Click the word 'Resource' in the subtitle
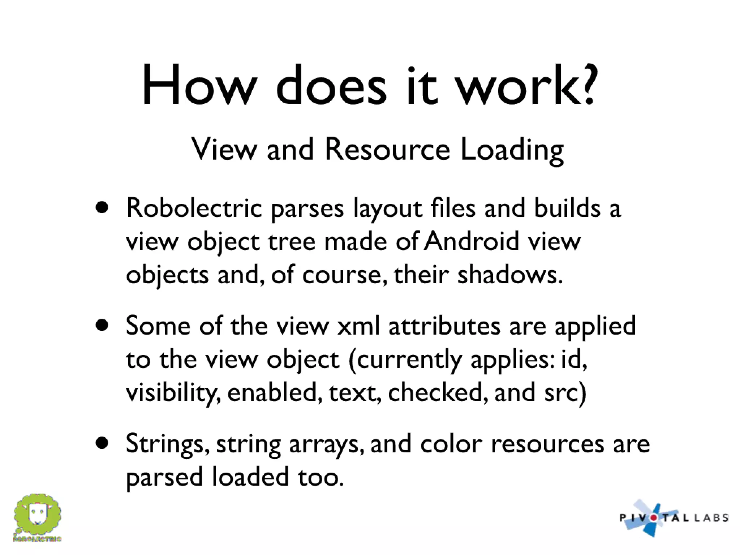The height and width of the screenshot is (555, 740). (x=387, y=149)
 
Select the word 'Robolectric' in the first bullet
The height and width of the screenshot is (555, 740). (x=194, y=208)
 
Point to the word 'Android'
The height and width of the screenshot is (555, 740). (x=472, y=241)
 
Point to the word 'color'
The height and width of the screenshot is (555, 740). (x=451, y=444)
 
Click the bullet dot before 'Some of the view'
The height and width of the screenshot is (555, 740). (x=102, y=325)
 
